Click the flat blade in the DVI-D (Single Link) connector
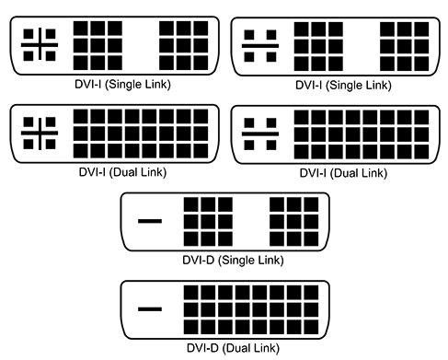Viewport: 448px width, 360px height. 150,221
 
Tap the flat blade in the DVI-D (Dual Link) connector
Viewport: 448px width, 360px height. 150,309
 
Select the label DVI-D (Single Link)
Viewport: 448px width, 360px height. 233,261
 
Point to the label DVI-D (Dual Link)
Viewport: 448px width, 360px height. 233,348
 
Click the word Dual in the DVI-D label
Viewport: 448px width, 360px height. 238,348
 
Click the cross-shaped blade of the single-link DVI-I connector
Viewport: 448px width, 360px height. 40,45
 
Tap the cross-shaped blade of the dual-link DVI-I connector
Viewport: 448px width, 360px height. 40,133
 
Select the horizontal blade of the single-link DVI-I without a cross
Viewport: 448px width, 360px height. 260,46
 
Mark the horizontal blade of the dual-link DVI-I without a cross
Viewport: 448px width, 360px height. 260,134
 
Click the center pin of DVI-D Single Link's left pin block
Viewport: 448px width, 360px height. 208,222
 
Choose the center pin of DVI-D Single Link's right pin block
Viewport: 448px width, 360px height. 293,222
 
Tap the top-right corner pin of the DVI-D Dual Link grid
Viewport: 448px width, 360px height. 311,293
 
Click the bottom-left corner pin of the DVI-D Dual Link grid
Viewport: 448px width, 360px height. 191,327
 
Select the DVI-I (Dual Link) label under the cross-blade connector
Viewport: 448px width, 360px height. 122,172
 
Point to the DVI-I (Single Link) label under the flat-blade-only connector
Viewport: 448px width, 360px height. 343,85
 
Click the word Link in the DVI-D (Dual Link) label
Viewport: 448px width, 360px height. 265,348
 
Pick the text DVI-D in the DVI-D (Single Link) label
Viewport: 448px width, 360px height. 198,261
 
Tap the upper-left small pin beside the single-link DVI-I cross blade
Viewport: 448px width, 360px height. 29,34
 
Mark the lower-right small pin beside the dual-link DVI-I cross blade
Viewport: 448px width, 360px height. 51,145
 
